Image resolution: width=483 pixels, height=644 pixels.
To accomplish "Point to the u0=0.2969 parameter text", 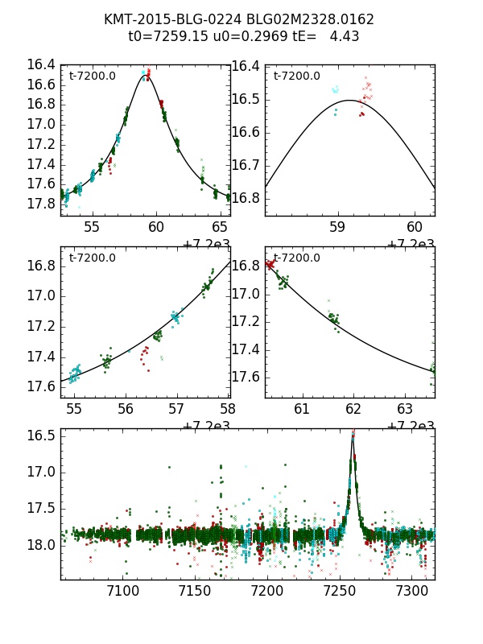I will pos(237,36).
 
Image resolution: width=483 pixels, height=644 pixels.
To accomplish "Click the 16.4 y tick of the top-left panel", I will pos(41,65).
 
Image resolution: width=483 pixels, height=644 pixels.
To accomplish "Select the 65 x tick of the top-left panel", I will pos(220,227).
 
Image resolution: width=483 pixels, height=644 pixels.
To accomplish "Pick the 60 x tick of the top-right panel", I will pos(414,227).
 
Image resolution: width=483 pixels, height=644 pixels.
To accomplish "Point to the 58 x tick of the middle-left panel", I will pos(229,409).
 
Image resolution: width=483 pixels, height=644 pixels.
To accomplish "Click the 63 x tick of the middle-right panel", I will pos(404,409).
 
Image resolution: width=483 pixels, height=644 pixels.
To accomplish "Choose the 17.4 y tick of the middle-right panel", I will pos(246,349).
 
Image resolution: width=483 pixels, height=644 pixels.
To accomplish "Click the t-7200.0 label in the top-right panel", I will pos(297,76).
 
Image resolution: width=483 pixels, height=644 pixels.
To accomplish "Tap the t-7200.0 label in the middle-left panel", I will pos(93,258).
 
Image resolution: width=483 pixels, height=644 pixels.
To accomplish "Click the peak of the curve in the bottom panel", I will pos(353,435).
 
